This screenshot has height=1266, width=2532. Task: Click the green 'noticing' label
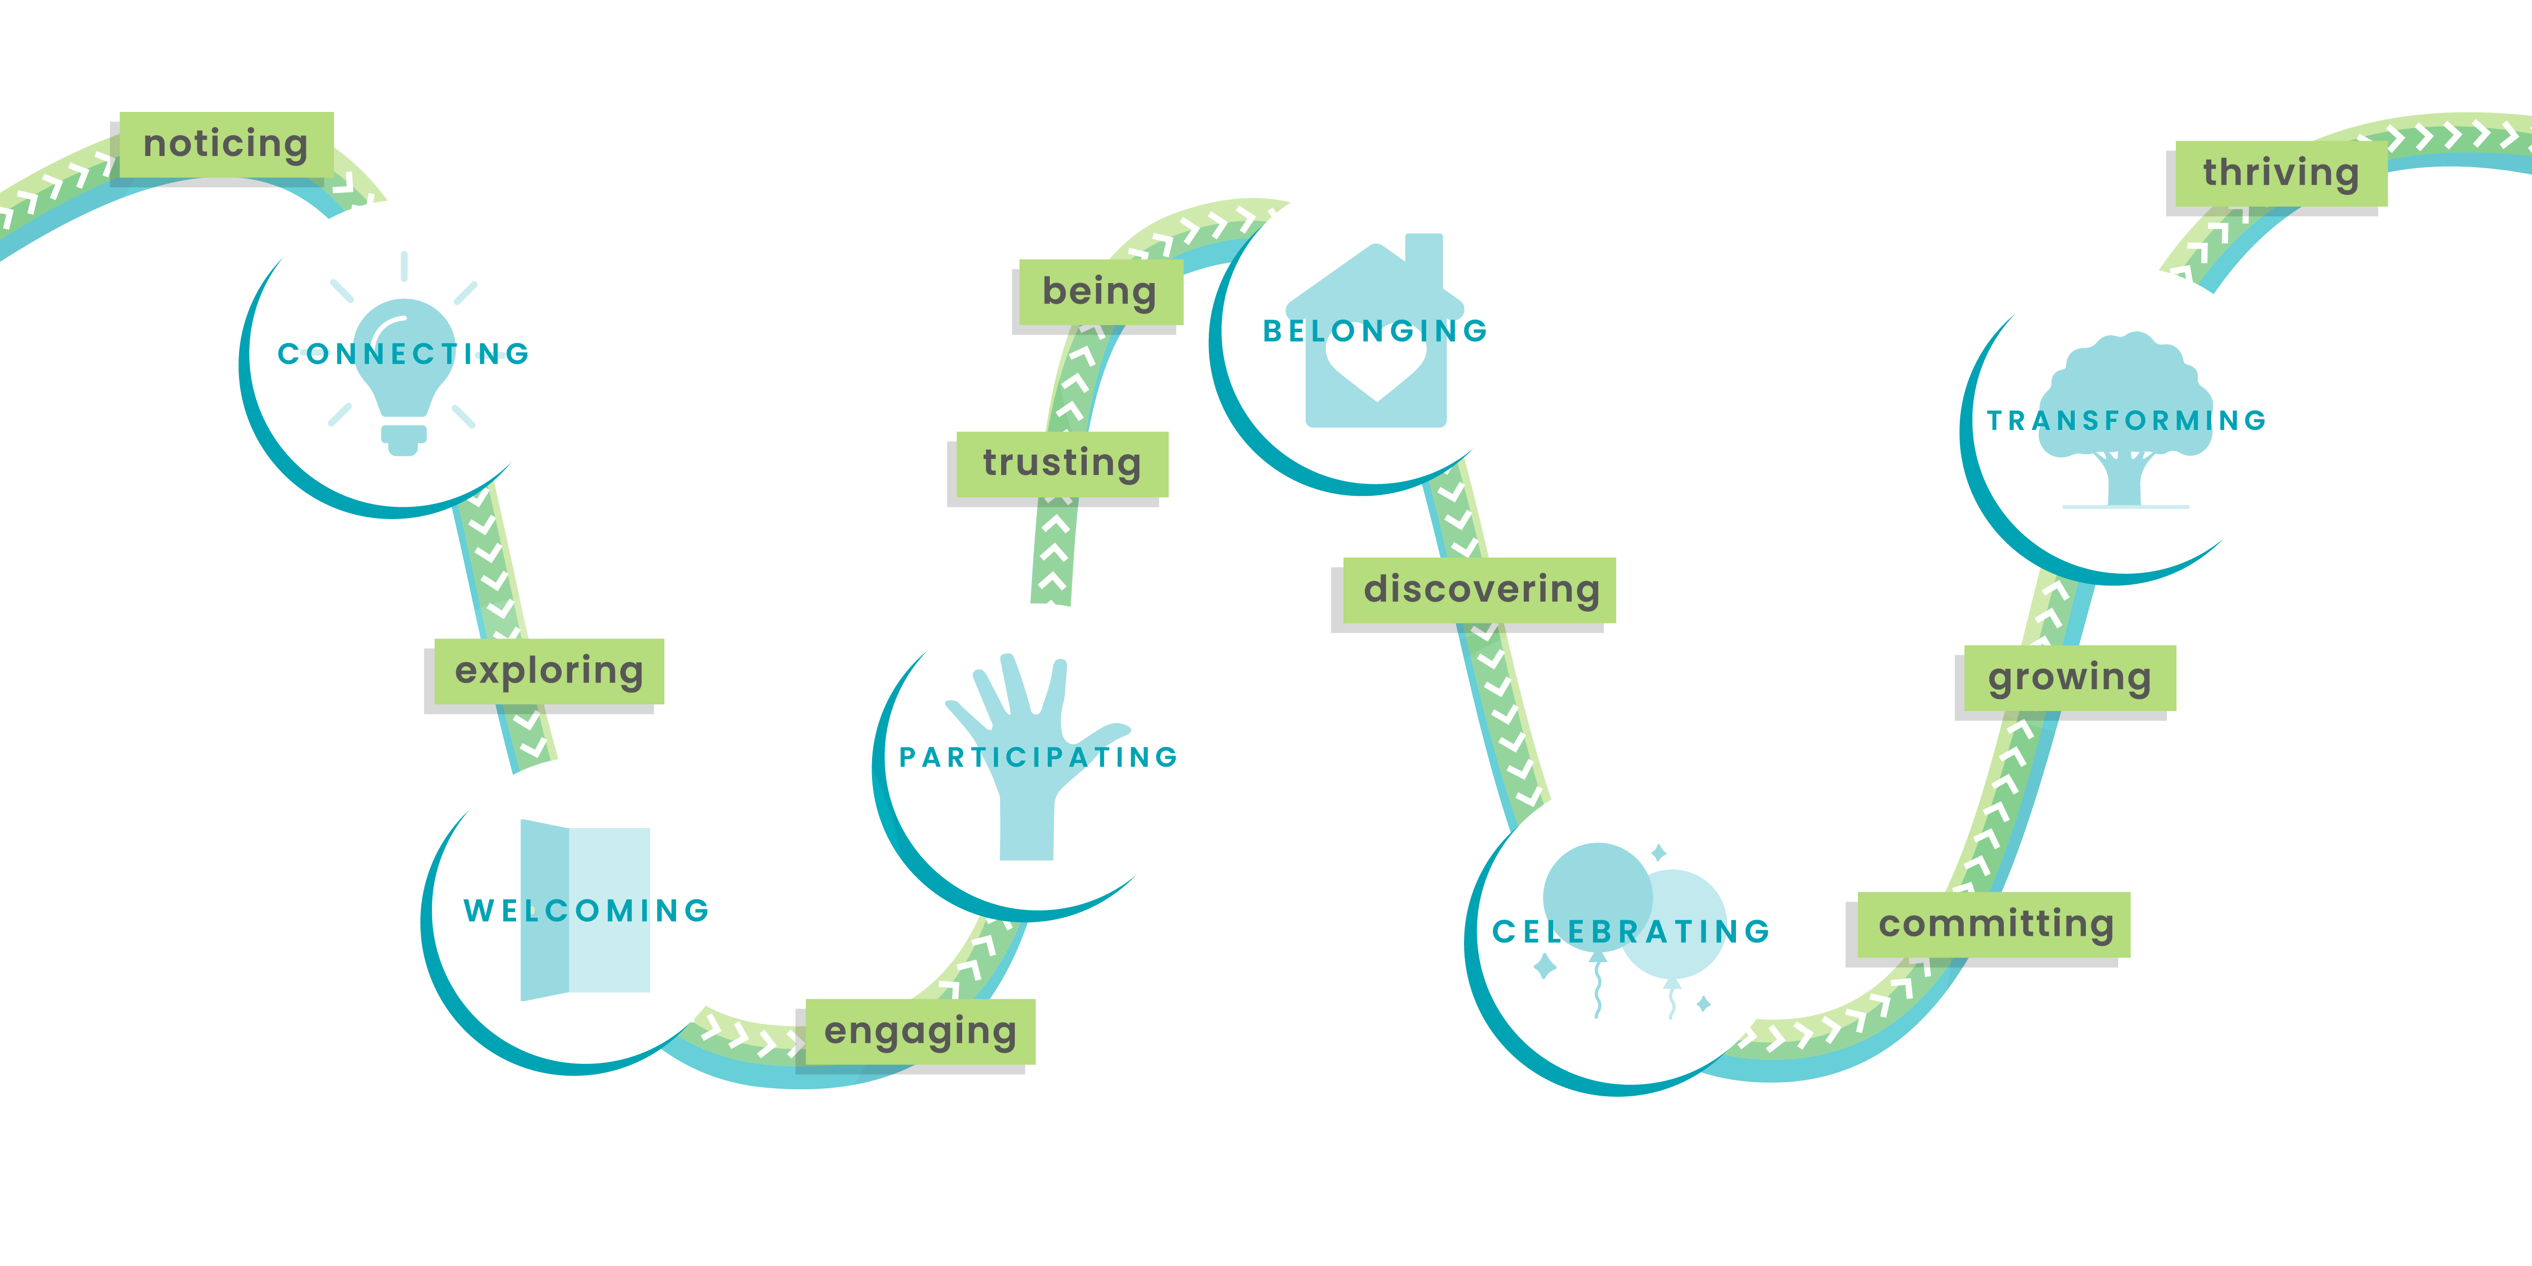coord(226,144)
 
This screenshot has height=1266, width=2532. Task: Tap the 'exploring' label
coord(548,671)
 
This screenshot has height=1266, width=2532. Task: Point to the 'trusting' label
coord(1061,463)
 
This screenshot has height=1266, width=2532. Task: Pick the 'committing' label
coord(1995,924)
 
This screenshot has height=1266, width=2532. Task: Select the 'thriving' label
coord(2280,173)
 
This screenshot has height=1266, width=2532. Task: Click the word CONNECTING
coord(403,354)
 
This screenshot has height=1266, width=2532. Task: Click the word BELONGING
coord(1375,331)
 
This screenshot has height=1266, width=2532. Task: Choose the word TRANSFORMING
coord(2126,421)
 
